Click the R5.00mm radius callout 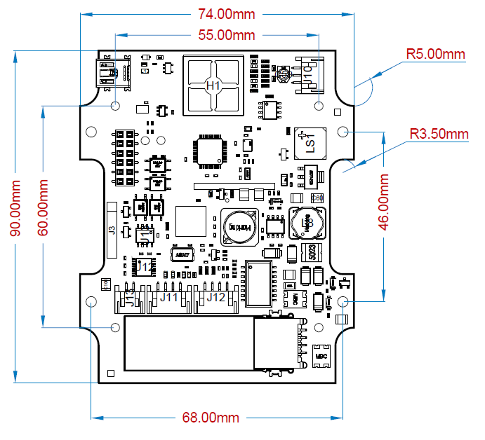point(436,54)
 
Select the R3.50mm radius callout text point(439,134)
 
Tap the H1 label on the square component point(213,85)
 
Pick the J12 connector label point(215,298)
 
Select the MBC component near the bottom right point(321,356)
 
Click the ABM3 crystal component point(182,255)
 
